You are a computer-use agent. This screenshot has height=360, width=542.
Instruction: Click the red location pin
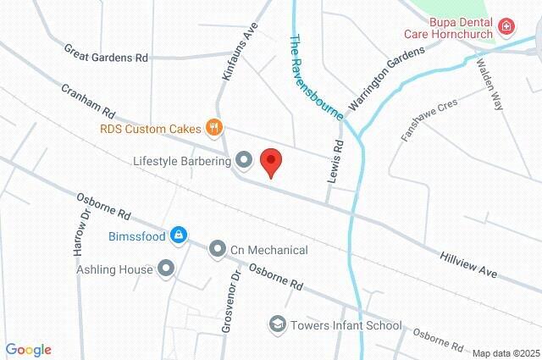[x=270, y=162]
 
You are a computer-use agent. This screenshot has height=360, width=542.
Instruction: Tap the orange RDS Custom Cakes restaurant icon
[x=214, y=129]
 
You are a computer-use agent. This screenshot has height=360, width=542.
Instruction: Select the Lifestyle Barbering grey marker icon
[x=244, y=159]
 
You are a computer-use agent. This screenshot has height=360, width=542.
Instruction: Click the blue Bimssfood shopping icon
[x=178, y=235]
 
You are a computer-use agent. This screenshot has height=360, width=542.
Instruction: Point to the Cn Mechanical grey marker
[x=217, y=250]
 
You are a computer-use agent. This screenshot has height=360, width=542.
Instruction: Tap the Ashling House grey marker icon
[x=166, y=269]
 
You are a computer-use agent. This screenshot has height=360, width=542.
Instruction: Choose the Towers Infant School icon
[x=277, y=324]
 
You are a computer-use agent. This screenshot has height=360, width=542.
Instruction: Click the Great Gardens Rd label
[x=106, y=54]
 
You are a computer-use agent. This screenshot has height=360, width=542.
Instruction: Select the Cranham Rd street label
[x=87, y=100]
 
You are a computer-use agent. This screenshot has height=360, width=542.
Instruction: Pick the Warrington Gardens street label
[x=385, y=78]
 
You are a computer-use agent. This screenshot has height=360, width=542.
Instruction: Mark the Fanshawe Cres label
[x=429, y=122]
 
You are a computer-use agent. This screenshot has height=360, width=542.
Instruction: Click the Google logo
[x=28, y=350]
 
